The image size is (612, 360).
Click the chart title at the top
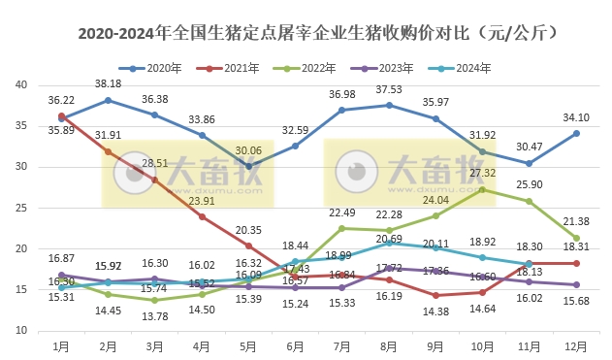306,33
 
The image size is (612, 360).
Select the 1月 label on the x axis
61,344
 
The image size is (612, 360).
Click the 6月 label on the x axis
295,344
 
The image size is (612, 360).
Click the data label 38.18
107,84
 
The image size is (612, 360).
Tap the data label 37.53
388,89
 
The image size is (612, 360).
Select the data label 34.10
576,118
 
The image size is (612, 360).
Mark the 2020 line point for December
576,133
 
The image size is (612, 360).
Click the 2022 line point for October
482,189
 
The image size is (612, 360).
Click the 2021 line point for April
202,216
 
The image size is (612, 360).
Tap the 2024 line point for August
389,243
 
